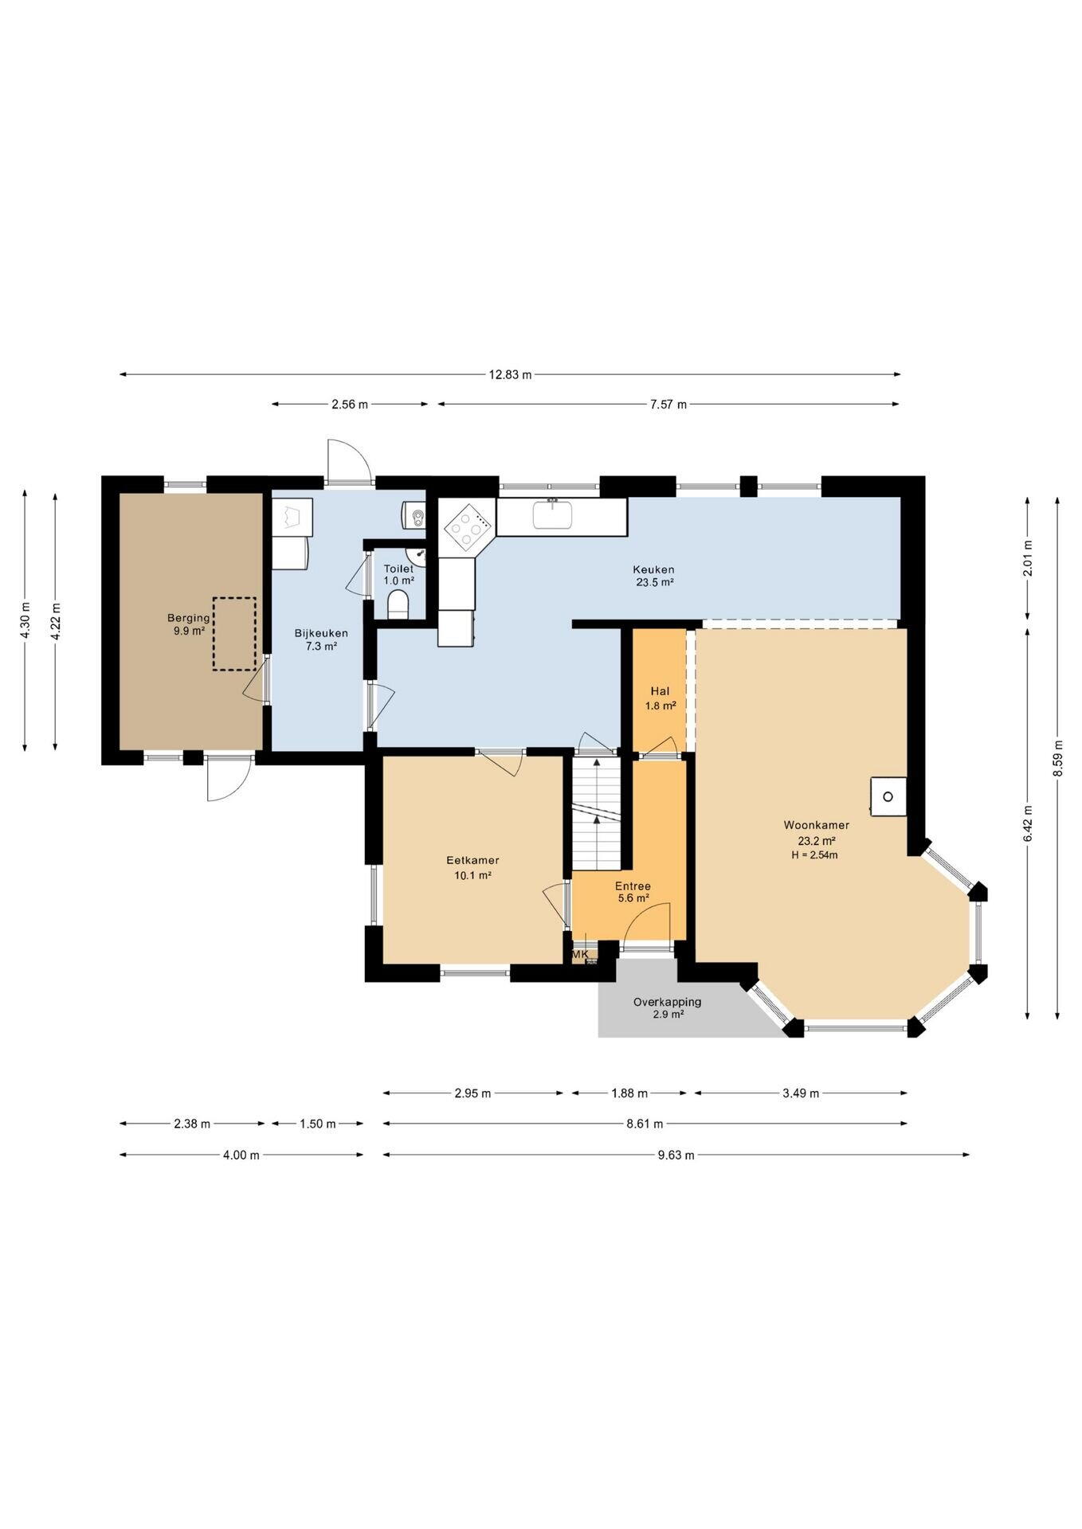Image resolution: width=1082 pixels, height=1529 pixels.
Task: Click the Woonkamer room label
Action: pyautogui.click(x=816, y=825)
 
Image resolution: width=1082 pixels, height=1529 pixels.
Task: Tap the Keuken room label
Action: pyautogui.click(x=653, y=569)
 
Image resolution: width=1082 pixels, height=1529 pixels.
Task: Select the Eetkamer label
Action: pyautogui.click(x=472, y=860)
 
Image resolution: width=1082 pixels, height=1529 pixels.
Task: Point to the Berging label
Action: pyautogui.click(x=189, y=618)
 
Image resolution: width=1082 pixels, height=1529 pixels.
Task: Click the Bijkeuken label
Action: pyautogui.click(x=321, y=633)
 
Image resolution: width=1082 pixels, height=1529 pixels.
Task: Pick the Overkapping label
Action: pyautogui.click(x=668, y=1002)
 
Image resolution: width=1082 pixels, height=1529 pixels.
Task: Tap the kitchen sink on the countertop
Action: pyautogui.click(x=552, y=514)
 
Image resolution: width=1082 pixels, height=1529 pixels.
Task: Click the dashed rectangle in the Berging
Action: pyautogui.click(x=234, y=634)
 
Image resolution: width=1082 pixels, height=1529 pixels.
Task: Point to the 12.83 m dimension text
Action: pyautogui.click(x=510, y=374)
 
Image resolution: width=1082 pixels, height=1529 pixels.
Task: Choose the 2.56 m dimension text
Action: pyautogui.click(x=350, y=405)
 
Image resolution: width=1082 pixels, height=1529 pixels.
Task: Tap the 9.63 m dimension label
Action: pyautogui.click(x=676, y=1155)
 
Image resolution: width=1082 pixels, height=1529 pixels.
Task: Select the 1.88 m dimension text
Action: pyautogui.click(x=629, y=1093)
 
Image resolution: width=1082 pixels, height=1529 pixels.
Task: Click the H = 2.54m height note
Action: pyautogui.click(x=814, y=855)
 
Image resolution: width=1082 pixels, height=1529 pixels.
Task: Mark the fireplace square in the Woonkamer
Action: pyautogui.click(x=888, y=796)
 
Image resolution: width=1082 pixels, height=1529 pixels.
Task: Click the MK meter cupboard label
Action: pyautogui.click(x=580, y=954)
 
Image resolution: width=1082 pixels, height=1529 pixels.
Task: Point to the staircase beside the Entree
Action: pyautogui.click(x=597, y=814)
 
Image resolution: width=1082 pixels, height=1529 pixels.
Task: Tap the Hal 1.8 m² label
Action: pyautogui.click(x=661, y=698)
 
